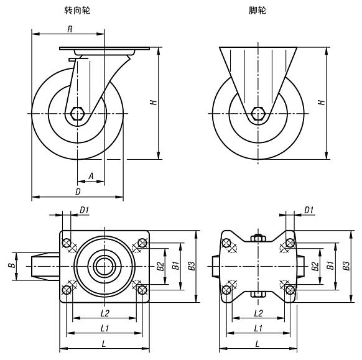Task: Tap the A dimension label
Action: click(x=91, y=177)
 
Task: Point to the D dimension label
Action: click(x=78, y=193)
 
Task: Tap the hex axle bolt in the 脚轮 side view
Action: click(x=258, y=114)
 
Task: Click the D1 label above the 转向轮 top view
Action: click(x=85, y=211)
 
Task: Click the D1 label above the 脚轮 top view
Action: click(x=309, y=211)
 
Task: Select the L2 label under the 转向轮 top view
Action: click(x=104, y=312)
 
